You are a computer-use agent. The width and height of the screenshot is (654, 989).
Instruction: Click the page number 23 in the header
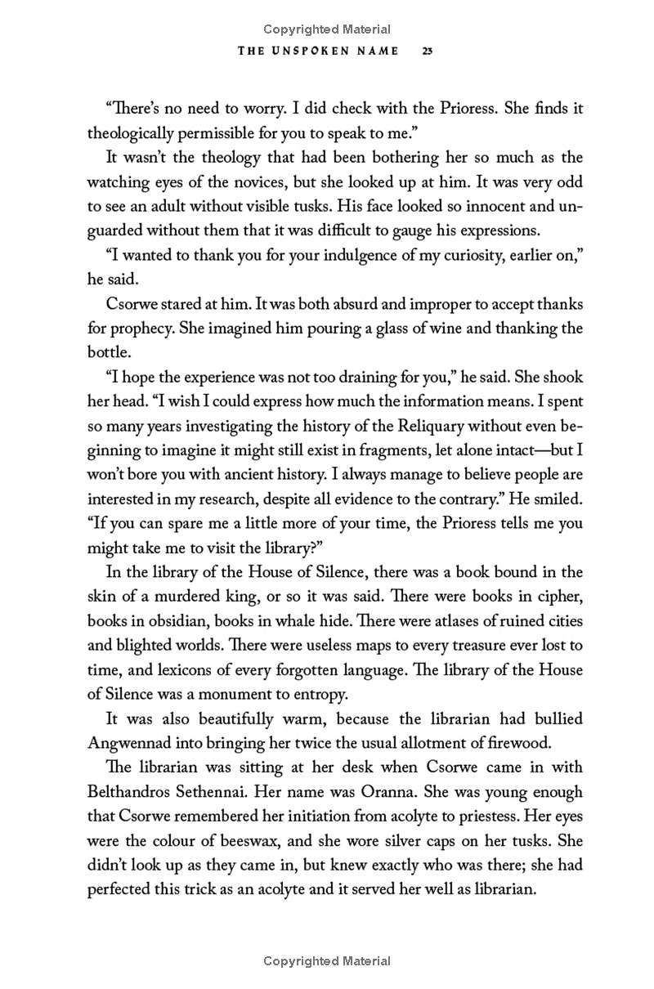[x=427, y=51]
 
